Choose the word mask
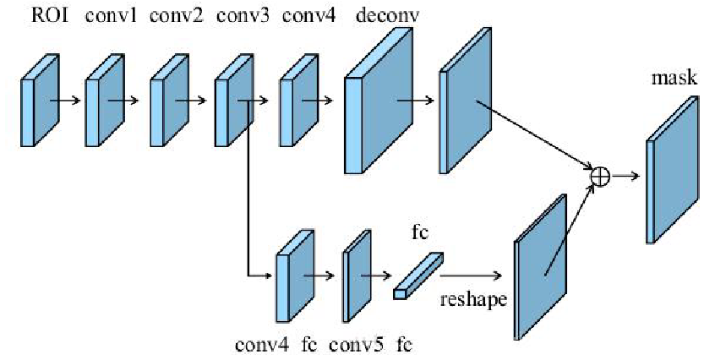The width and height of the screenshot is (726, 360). tap(674, 79)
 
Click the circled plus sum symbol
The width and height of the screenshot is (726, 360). tap(599, 175)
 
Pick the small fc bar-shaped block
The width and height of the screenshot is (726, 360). tap(417, 275)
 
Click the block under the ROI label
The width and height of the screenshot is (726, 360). tap(39, 100)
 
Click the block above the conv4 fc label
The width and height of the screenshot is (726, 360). tap(293, 275)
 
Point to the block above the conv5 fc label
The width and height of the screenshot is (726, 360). tap(357, 275)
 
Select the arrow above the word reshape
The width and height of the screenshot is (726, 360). tap(471, 275)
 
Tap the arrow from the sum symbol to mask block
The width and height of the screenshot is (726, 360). tap(625, 175)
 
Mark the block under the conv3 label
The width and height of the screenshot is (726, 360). tap(232, 100)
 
